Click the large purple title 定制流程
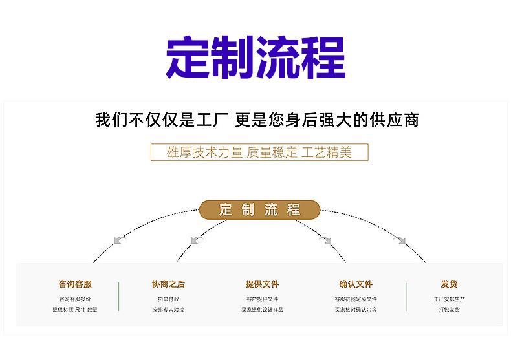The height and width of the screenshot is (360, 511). pyautogui.click(x=255, y=58)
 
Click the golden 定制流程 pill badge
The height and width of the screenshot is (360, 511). pyautogui.click(x=259, y=209)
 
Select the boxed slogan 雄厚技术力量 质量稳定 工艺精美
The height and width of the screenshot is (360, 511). pyautogui.click(x=259, y=153)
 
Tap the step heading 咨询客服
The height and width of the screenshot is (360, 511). pyautogui.click(x=75, y=284)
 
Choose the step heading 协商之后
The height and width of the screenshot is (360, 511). pyautogui.click(x=168, y=284)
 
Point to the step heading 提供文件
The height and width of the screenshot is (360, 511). pyautogui.click(x=262, y=284)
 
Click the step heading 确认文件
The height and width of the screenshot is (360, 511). pyautogui.click(x=356, y=284)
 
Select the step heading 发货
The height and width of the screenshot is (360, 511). pyautogui.click(x=449, y=284)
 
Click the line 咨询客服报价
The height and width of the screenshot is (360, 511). pyautogui.click(x=75, y=299)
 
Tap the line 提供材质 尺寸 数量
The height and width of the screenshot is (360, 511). pyautogui.click(x=75, y=310)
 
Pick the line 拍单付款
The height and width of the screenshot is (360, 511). pyautogui.click(x=168, y=299)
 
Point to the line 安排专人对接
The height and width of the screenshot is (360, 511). pyautogui.click(x=168, y=310)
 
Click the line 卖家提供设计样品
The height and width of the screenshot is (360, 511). pyautogui.click(x=262, y=310)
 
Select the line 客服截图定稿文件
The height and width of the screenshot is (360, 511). pyautogui.click(x=356, y=299)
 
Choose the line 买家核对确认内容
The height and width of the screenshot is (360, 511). pyautogui.click(x=356, y=310)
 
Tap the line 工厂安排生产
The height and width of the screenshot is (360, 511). pyautogui.click(x=449, y=299)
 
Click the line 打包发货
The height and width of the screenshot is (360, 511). pyautogui.click(x=449, y=310)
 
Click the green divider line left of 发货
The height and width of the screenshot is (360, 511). pyautogui.click(x=406, y=297)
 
